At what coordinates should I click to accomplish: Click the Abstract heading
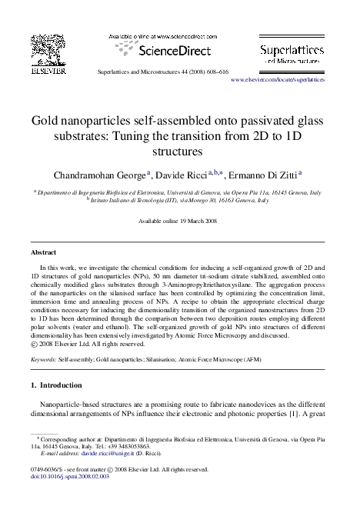[x=43, y=252]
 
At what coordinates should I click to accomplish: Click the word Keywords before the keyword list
[x=45, y=358]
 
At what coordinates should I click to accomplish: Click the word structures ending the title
[x=180, y=152]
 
